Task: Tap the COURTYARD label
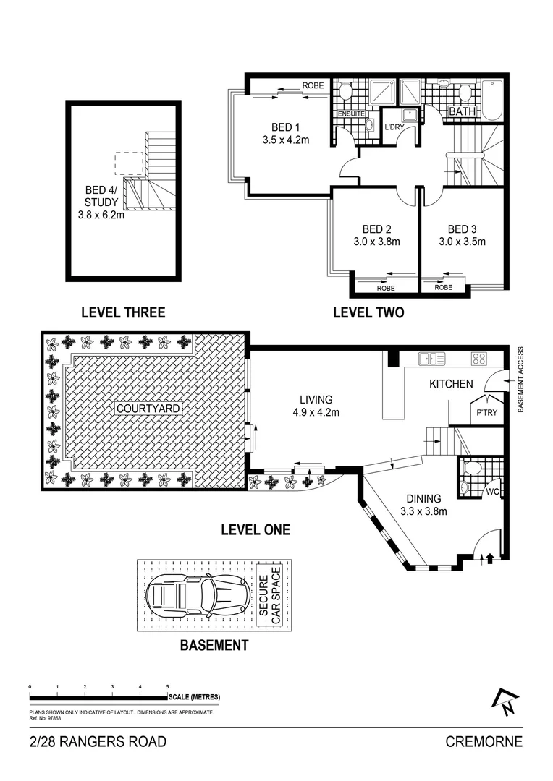coord(148,409)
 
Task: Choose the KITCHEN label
coord(451,384)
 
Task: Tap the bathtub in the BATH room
coord(494,99)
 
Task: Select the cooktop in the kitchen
coord(478,357)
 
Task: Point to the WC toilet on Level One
coord(470,469)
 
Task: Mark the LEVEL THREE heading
coord(123,312)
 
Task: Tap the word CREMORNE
coord(484,742)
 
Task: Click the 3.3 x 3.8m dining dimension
coord(423,512)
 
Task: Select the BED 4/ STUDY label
coord(100,198)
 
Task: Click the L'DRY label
coord(394,127)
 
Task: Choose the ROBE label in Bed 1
coord(313,86)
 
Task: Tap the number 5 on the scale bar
coord(167,686)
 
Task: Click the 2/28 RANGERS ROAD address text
coord(98,742)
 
